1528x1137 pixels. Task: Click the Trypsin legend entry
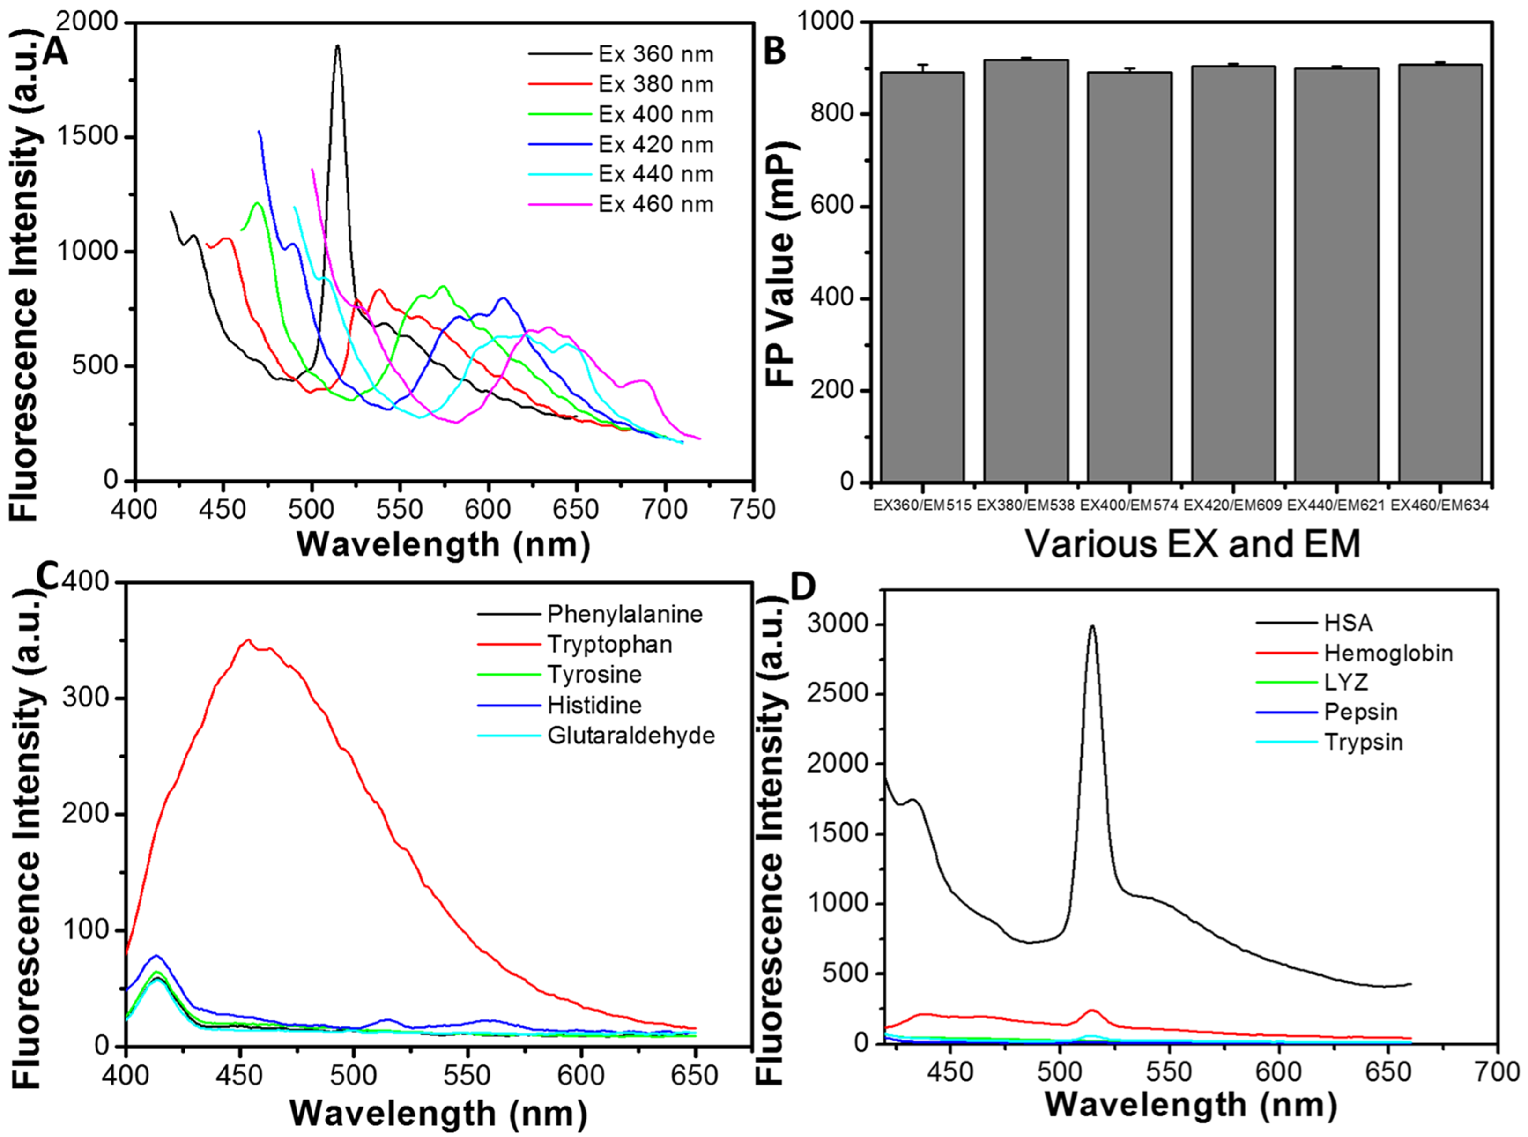click(x=1363, y=743)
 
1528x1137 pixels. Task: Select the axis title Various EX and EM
click(x=1193, y=544)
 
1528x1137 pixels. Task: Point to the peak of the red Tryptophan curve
click(x=248, y=640)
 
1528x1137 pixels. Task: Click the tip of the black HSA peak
click(x=1092, y=626)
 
